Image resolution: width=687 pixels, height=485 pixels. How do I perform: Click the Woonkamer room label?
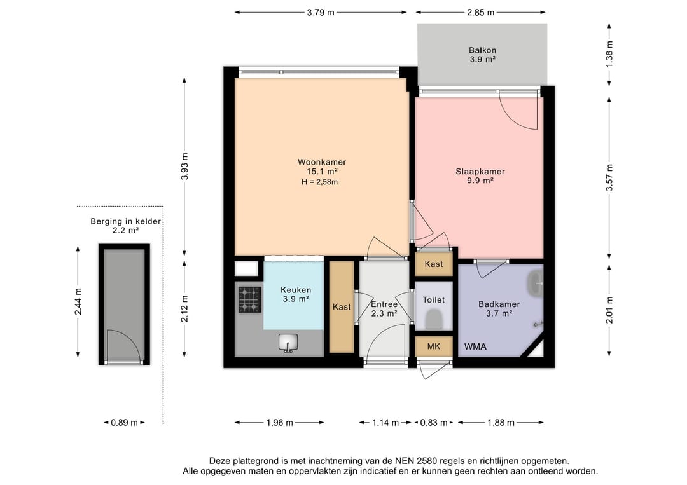click(321, 162)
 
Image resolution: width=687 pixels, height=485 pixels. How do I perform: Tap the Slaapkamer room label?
click(480, 172)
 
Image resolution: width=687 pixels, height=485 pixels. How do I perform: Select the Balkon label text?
click(482, 50)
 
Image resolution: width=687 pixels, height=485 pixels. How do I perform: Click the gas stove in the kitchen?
click(250, 300)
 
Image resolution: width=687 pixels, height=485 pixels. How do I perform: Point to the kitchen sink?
click(288, 343)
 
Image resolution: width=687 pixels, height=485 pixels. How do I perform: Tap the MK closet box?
click(434, 346)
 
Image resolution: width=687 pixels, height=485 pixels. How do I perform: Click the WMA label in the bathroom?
click(475, 347)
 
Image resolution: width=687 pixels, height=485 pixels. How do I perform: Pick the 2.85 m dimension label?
click(481, 12)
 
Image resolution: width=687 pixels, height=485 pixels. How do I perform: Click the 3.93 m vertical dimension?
click(185, 167)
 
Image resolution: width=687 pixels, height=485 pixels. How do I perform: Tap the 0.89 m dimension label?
click(124, 423)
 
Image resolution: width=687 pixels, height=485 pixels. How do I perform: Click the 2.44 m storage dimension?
click(78, 302)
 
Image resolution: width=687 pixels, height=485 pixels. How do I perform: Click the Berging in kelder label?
click(125, 222)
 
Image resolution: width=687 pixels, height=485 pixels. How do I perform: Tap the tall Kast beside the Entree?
click(342, 306)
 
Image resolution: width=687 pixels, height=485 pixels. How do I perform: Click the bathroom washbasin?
click(537, 280)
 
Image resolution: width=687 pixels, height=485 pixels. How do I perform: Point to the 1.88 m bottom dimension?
click(501, 423)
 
